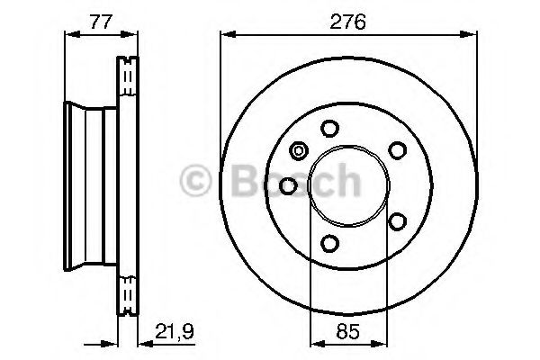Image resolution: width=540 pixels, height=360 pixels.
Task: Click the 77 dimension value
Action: [x=102, y=22]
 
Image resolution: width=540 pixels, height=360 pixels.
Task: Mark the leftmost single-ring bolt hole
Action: [x=288, y=185]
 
